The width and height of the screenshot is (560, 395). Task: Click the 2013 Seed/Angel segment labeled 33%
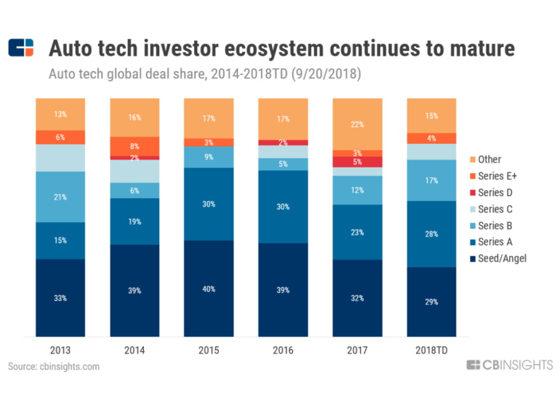(60, 298)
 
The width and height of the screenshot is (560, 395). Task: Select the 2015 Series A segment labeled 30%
(209, 204)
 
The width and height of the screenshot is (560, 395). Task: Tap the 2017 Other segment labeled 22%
(358, 124)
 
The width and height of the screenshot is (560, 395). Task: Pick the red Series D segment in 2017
(358, 162)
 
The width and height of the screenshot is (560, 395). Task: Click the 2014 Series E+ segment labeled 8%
(134, 146)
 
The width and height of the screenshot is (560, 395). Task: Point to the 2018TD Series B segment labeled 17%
(432, 180)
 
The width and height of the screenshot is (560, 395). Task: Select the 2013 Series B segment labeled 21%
(60, 197)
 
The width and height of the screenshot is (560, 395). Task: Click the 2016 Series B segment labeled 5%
(283, 164)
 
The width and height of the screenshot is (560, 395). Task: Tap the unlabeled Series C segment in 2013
(60, 158)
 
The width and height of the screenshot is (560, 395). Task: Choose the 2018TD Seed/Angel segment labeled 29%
(432, 301)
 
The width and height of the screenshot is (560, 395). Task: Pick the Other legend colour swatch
(471, 159)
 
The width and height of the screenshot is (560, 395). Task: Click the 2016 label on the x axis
(283, 350)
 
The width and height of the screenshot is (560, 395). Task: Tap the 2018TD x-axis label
(432, 350)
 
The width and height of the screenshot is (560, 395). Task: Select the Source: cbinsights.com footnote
(54, 366)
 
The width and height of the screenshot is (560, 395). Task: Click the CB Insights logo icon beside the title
(20, 48)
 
